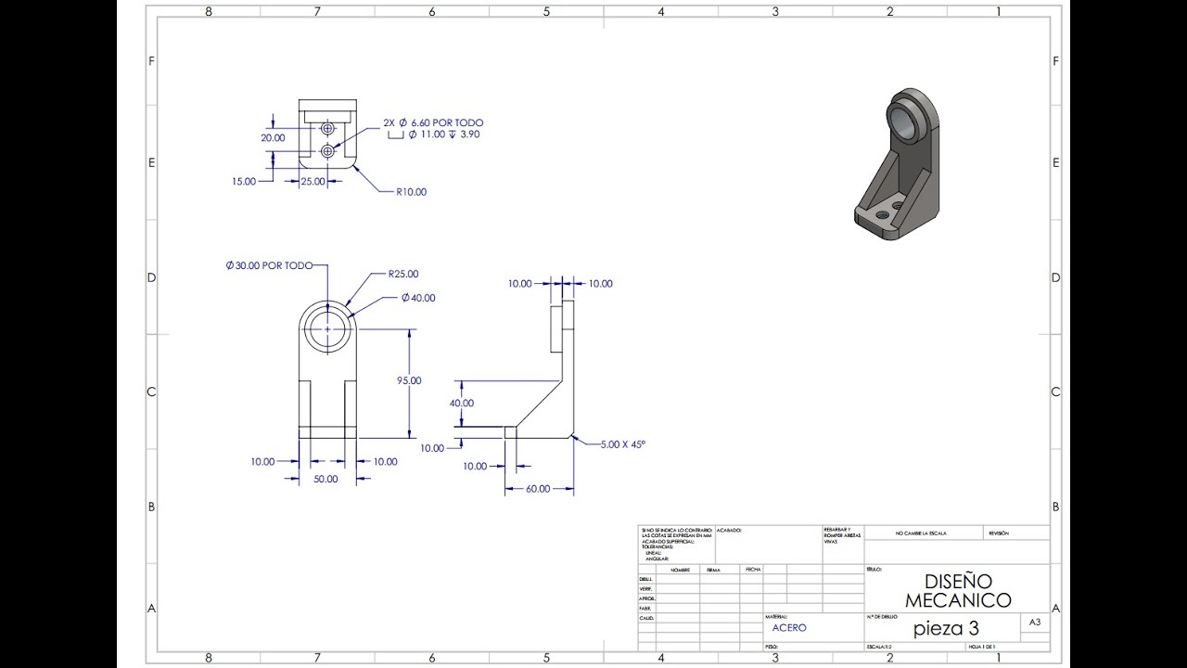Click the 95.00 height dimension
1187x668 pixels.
[x=409, y=380]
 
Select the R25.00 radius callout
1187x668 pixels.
[x=403, y=274]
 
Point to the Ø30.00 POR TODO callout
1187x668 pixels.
[x=269, y=265]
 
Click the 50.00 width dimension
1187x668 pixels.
[x=325, y=479]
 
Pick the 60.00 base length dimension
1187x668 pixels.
[x=538, y=489]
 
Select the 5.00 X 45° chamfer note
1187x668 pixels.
[x=621, y=444]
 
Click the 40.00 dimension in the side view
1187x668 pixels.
[x=461, y=404]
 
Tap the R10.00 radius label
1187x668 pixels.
[x=411, y=192]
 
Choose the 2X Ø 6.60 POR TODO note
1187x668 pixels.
[x=433, y=122]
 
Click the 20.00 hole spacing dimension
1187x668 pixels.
[x=273, y=137]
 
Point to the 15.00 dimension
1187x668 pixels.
[x=244, y=182]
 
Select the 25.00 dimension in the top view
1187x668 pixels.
[x=313, y=182]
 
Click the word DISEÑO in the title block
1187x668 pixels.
[x=957, y=582]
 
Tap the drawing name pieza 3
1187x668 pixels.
[x=946, y=628]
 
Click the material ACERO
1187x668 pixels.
[x=789, y=628]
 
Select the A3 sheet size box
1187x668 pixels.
[x=1034, y=623]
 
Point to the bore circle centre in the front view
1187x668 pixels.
[x=327, y=329]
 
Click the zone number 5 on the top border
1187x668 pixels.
[x=546, y=11]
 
